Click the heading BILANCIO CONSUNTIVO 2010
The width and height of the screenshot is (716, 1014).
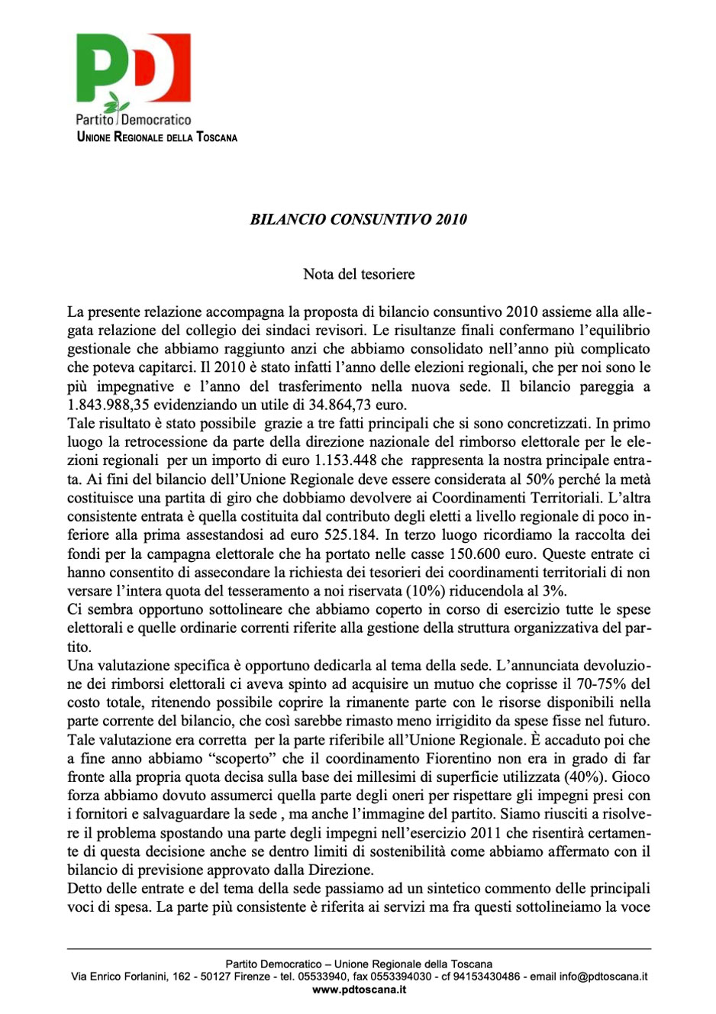(358, 219)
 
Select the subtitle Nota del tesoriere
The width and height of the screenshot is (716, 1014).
(359, 273)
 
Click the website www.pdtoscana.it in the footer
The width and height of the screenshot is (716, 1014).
(359, 990)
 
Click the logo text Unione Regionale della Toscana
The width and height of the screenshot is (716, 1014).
(157, 137)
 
